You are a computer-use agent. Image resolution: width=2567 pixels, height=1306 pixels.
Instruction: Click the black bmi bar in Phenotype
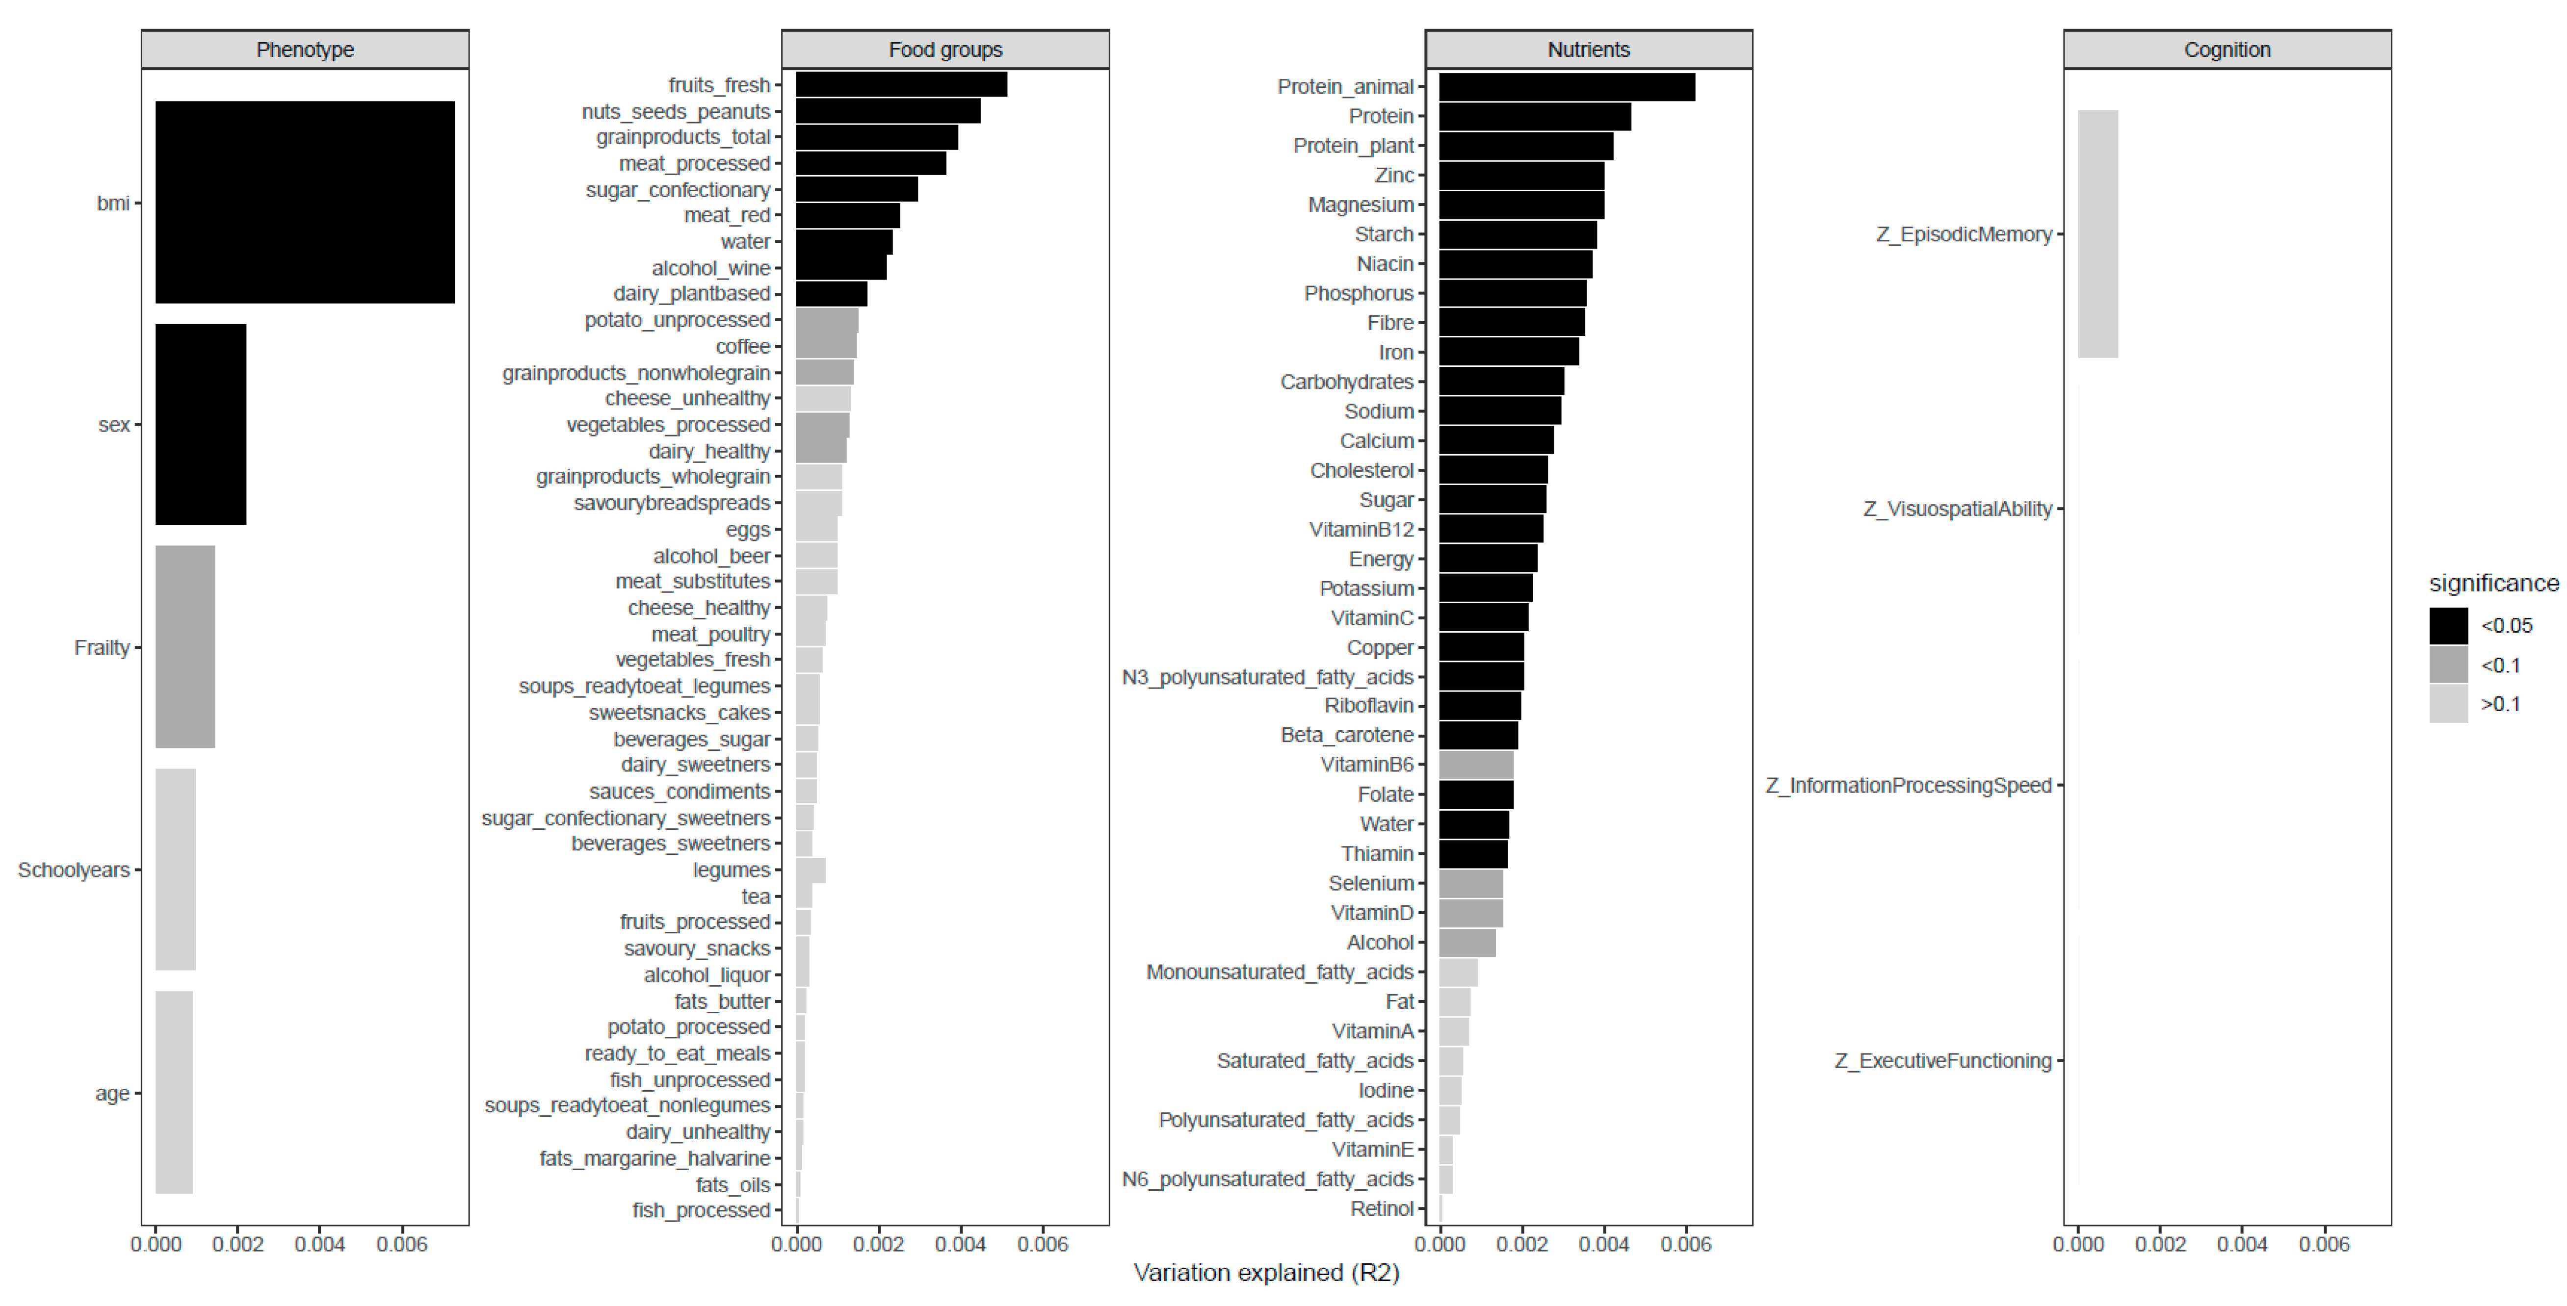click(x=305, y=202)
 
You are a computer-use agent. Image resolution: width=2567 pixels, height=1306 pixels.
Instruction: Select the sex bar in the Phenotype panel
click(x=200, y=424)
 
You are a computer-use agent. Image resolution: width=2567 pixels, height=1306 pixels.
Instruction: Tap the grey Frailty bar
click(x=185, y=646)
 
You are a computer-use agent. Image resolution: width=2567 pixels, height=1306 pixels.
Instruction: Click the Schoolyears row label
click(x=74, y=870)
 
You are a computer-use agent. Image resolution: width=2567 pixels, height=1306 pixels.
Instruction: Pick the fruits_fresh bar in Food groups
click(x=901, y=85)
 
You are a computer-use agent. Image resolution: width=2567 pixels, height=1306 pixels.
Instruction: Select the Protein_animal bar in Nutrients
click(x=1567, y=87)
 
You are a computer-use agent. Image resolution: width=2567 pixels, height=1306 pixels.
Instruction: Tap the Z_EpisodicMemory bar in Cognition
click(x=2097, y=234)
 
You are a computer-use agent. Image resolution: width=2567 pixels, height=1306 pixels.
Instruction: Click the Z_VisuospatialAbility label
click(x=1957, y=509)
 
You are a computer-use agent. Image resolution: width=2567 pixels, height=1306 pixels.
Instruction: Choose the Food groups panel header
click(x=944, y=50)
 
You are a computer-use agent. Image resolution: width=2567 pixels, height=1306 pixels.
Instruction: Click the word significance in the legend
click(x=2493, y=583)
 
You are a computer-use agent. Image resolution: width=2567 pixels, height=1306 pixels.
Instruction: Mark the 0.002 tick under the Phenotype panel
click(x=238, y=1244)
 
